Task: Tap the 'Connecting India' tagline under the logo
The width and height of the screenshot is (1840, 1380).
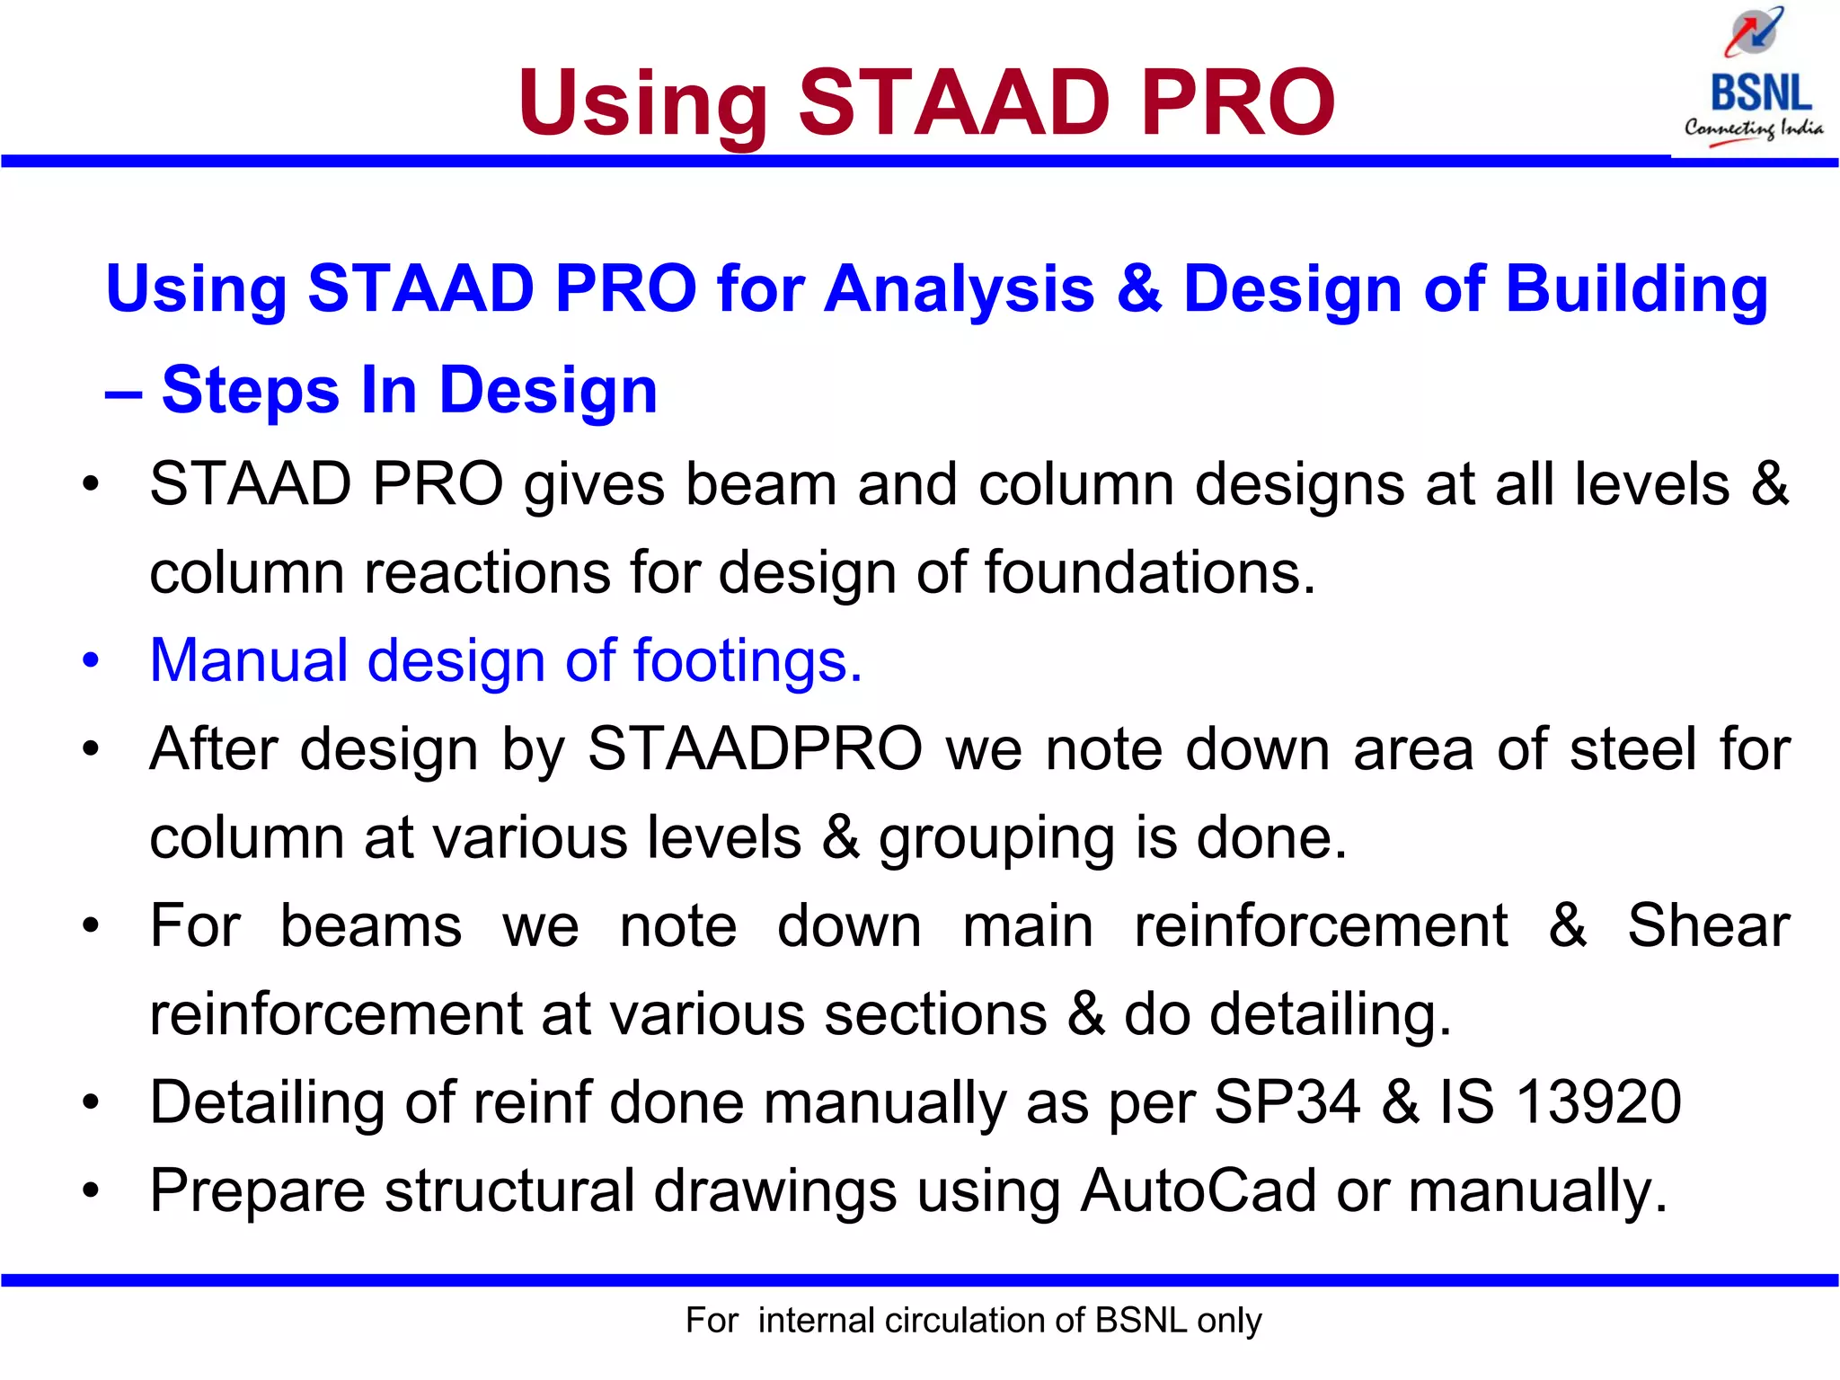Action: coord(1753,128)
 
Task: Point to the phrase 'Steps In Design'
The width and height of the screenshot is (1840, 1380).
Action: coord(409,390)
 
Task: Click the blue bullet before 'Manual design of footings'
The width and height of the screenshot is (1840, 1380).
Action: coord(91,660)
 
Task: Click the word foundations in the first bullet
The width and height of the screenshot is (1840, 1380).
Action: coord(1150,572)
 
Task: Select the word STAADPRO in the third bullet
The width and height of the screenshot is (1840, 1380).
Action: coord(755,748)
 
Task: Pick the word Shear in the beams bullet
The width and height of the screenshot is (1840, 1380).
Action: coord(1708,925)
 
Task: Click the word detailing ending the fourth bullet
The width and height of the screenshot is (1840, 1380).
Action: coord(1330,1013)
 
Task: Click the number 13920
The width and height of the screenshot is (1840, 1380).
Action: coord(1598,1101)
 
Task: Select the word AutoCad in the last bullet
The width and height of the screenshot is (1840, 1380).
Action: coord(1199,1190)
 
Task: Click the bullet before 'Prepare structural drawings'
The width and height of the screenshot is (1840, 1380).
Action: coord(91,1190)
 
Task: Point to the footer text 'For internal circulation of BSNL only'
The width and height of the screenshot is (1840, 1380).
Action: coord(973,1320)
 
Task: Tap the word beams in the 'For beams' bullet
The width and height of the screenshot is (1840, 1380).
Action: coord(370,925)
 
